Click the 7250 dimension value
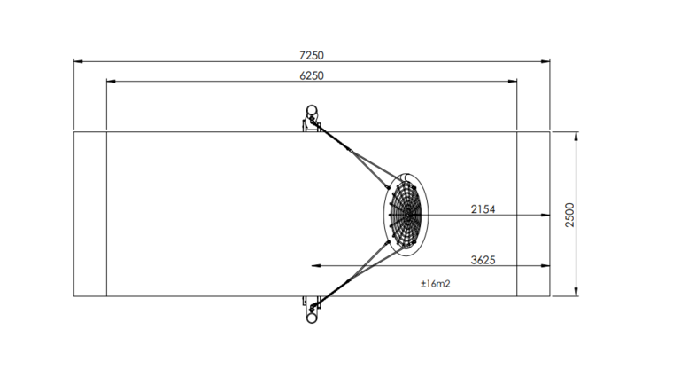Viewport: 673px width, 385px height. [x=312, y=56]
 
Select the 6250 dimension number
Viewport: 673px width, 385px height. [x=312, y=75]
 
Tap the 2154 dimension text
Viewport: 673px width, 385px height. [x=483, y=209]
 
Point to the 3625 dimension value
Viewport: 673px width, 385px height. [x=483, y=260]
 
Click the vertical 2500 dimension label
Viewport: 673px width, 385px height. [x=569, y=215]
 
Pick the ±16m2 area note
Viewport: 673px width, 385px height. [x=435, y=284]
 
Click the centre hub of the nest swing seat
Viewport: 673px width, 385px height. [x=406, y=215]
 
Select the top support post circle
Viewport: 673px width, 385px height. [x=312, y=110]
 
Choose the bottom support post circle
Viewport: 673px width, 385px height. [x=312, y=318]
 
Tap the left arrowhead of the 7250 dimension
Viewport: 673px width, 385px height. [x=78, y=61]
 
